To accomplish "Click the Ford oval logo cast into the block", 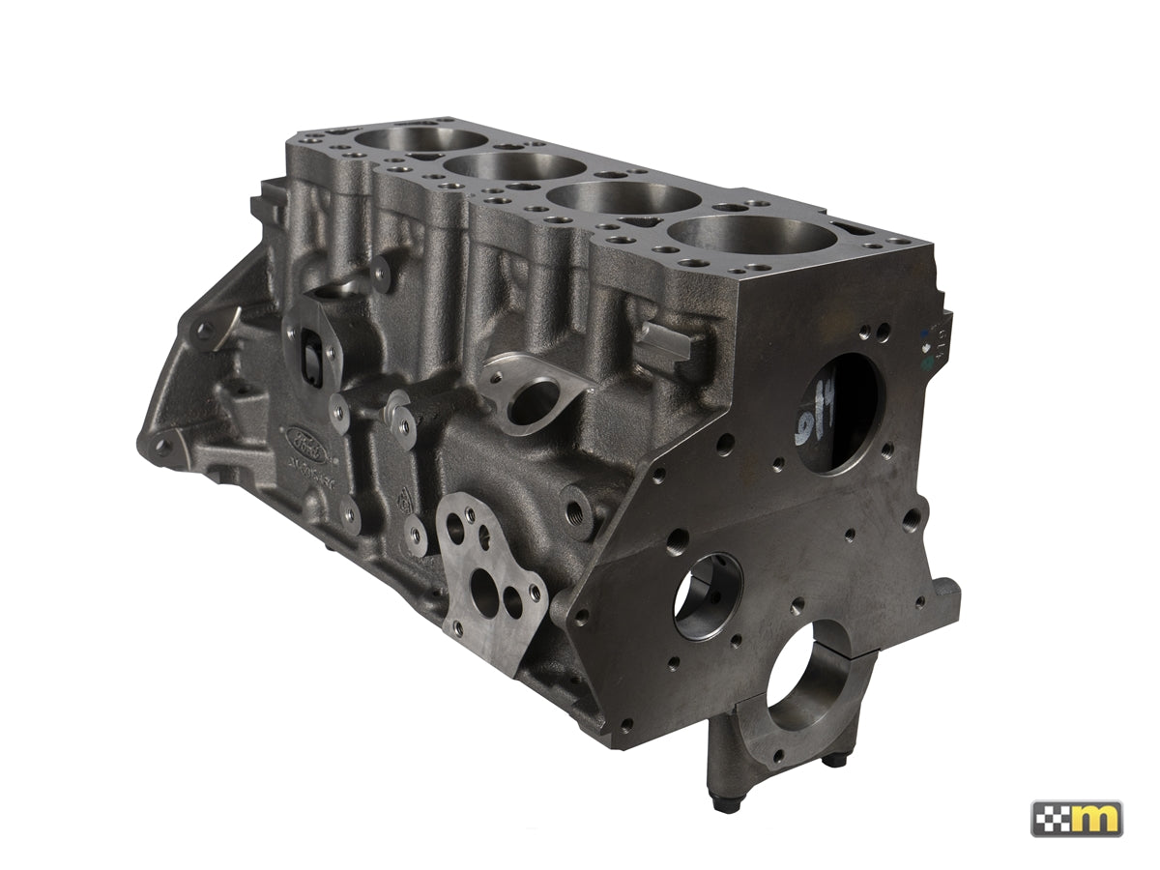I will point(306,441).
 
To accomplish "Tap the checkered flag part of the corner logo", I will point(1052,818).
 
